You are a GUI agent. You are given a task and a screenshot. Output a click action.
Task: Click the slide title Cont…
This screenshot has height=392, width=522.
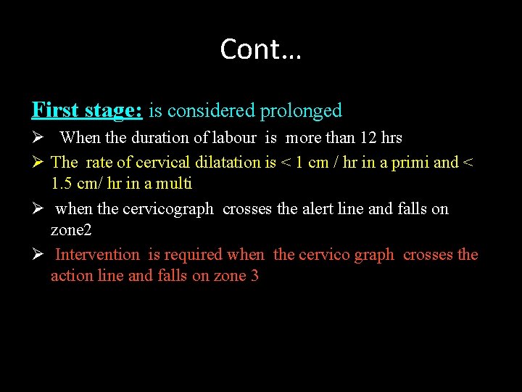pos(261,49)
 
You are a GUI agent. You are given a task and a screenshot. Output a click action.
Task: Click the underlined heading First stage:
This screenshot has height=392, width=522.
pos(87,110)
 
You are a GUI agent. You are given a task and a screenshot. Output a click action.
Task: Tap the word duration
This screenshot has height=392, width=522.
pos(150,138)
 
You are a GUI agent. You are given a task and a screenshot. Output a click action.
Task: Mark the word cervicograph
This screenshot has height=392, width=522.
pos(168,209)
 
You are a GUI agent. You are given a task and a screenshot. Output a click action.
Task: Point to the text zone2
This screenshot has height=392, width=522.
pos(72,230)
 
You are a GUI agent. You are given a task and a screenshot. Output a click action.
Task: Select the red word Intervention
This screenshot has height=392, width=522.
pos(97,255)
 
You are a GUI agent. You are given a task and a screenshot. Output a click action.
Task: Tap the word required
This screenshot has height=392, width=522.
pos(194,255)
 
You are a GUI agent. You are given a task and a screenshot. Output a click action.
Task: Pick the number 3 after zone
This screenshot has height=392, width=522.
pos(254,276)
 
